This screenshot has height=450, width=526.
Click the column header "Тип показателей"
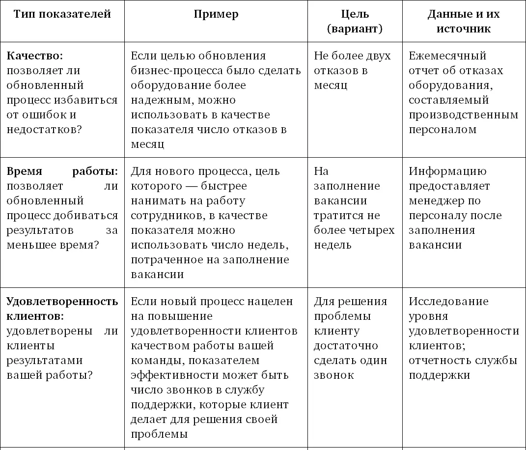(62, 14)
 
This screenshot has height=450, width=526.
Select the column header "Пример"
(216, 14)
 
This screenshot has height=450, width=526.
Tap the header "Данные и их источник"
(463, 21)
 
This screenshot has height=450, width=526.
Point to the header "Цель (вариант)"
(355, 21)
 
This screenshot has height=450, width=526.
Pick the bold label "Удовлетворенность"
(62, 301)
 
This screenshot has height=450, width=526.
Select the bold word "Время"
(25, 171)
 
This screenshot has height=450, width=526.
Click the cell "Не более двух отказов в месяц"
(352, 70)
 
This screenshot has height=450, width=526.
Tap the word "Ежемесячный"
(447, 56)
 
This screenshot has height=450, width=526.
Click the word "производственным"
(463, 114)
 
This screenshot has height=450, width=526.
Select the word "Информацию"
(447, 171)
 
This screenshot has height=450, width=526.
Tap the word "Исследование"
(448, 301)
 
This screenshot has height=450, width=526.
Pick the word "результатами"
(45, 360)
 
